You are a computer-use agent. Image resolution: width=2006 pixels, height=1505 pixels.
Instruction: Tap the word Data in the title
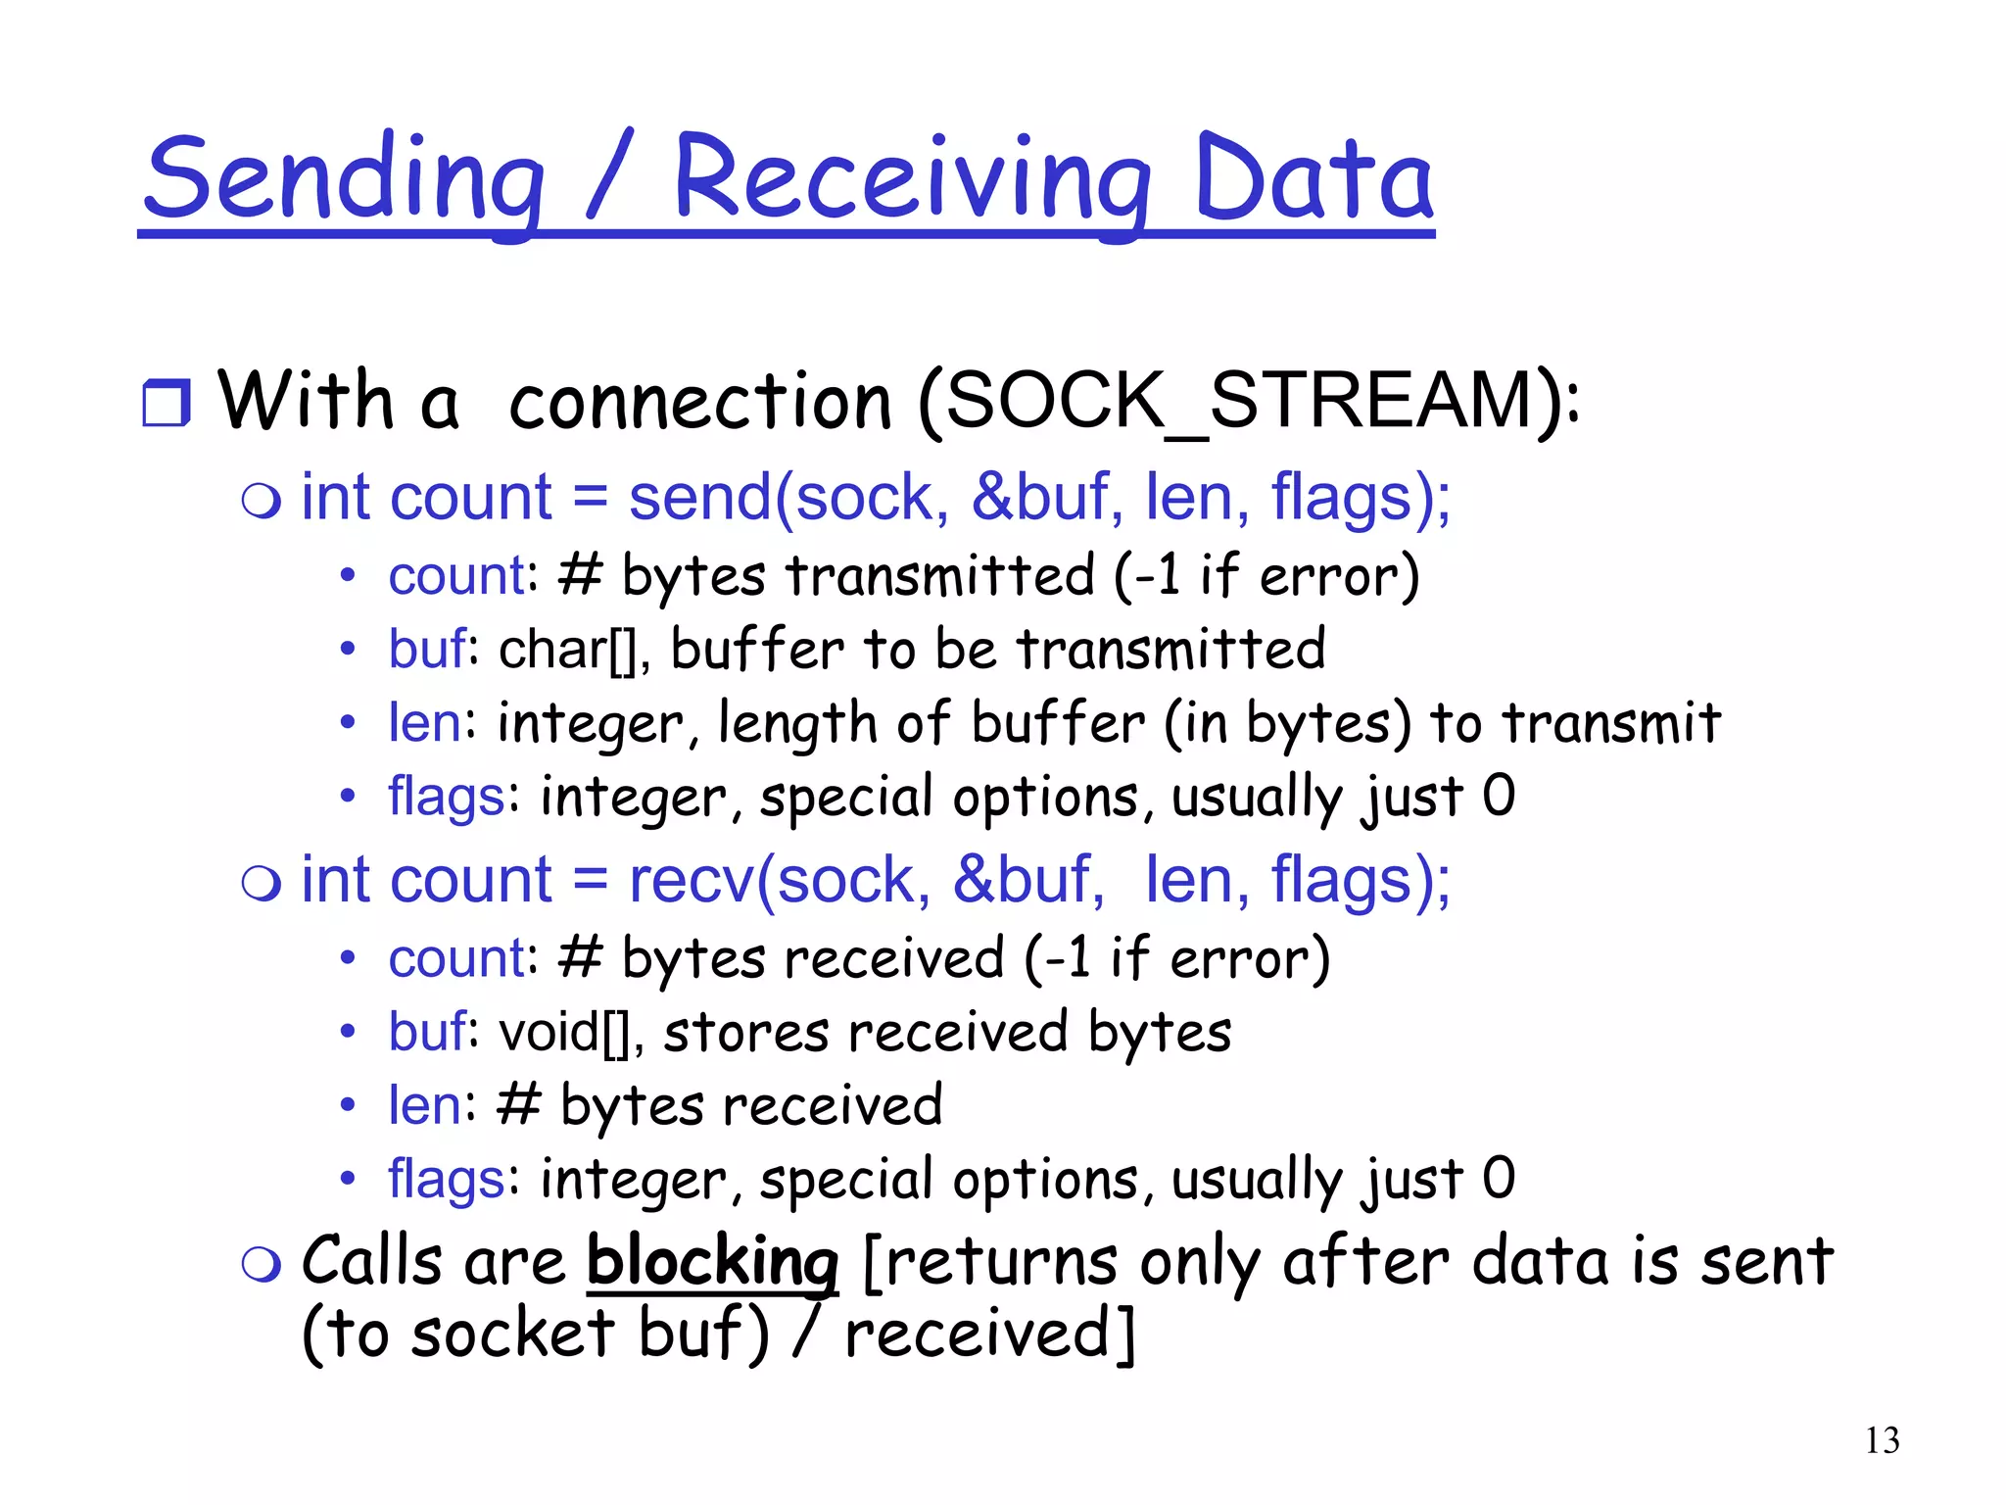point(1313,181)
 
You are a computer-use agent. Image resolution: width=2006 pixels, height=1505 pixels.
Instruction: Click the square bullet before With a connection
point(166,403)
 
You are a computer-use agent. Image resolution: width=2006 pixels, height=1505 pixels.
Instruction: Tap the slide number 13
point(1882,1440)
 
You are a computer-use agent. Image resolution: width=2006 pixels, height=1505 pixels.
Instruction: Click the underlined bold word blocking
point(712,1261)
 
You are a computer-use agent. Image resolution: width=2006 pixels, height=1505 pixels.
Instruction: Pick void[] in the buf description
point(564,1032)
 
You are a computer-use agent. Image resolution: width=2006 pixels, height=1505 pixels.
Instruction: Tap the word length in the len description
point(797,724)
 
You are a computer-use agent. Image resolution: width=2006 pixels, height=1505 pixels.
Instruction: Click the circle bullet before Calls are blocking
point(262,1264)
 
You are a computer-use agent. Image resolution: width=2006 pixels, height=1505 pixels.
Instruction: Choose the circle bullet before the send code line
point(262,501)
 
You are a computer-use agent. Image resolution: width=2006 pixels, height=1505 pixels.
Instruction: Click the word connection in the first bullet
point(700,403)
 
